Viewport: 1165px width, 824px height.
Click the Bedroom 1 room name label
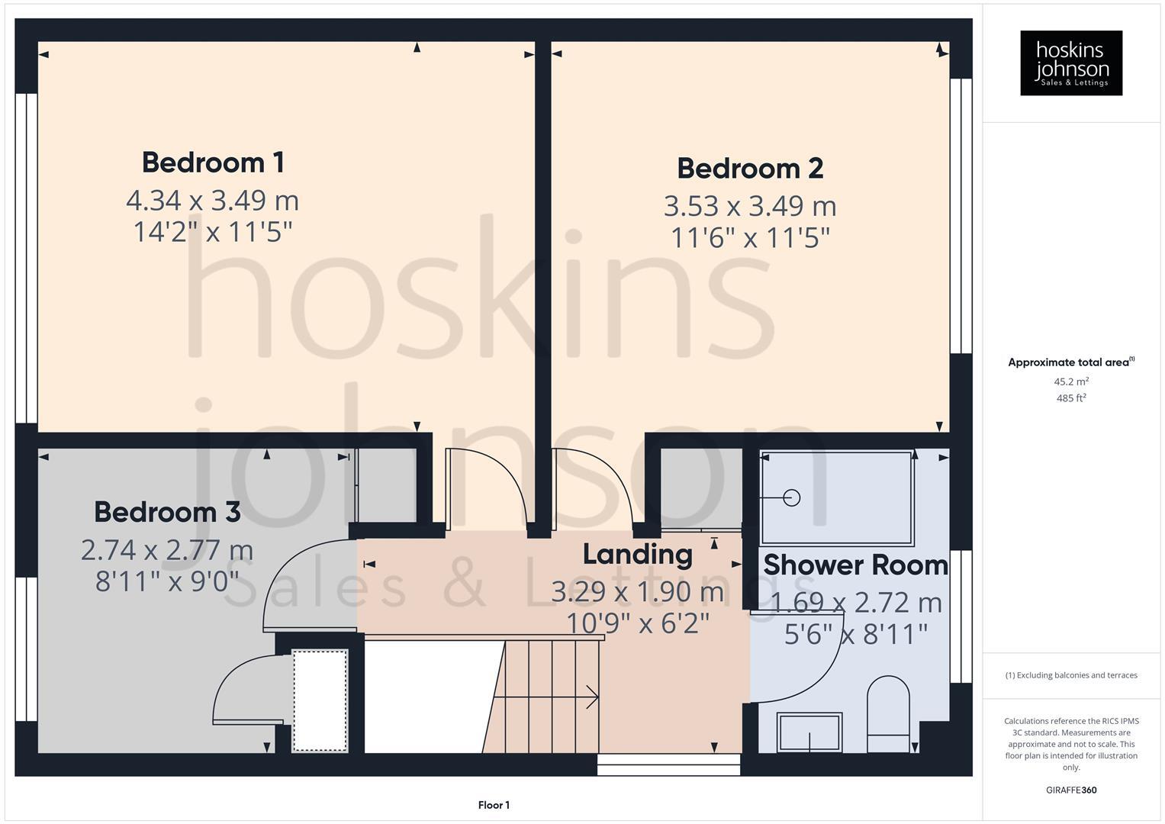[213, 163]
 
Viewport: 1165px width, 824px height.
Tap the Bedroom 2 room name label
[750, 169]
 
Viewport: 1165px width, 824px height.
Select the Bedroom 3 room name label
[167, 512]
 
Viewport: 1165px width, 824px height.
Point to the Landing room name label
[637, 554]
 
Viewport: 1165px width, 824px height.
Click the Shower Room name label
[855, 565]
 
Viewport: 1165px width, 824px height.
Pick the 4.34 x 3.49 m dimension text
[212, 201]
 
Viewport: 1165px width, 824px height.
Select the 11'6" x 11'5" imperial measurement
[750, 238]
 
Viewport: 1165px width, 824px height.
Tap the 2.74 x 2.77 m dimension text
[167, 550]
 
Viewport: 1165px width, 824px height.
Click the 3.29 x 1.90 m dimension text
[637, 591]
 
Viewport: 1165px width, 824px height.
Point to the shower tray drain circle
[792, 498]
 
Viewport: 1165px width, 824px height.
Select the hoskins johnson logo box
[1071, 63]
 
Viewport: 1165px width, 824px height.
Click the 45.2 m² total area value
[1071, 381]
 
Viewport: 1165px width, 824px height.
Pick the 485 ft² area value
[1071, 398]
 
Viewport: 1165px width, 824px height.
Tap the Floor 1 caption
[494, 805]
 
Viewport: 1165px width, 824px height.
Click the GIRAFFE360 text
[1071, 790]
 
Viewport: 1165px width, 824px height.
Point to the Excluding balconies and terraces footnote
[1071, 675]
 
